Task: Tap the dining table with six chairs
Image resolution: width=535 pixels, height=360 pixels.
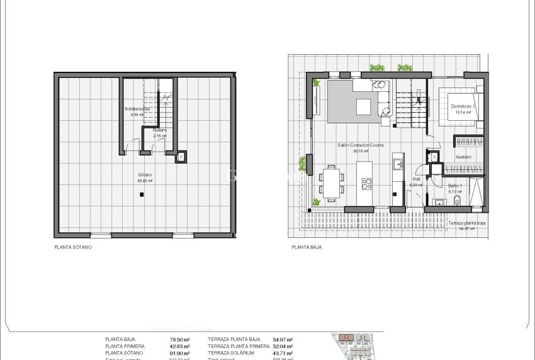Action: pos(330,181)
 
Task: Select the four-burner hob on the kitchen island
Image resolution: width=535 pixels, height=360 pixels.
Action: pos(366,184)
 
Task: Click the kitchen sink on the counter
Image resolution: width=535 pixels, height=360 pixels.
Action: pos(398,165)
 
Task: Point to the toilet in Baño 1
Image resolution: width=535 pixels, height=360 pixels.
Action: pos(458,201)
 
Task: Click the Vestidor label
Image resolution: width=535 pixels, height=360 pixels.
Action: pos(464,157)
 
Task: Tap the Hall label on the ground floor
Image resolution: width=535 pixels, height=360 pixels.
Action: pos(415,178)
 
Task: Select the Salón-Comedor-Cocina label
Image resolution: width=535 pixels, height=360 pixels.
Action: pos(361,145)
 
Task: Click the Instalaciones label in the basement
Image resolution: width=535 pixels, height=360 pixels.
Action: pos(138,109)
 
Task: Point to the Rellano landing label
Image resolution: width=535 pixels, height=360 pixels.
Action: pos(160,130)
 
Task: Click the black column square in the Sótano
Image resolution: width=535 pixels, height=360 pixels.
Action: pos(141,195)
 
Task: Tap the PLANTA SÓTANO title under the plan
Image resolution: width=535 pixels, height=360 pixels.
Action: pos(73,248)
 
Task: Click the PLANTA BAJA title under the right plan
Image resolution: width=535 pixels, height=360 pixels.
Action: pos(307,248)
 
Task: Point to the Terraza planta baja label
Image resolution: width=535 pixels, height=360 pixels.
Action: pos(466,223)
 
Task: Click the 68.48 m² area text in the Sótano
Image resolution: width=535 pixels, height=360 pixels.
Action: pos(145,181)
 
